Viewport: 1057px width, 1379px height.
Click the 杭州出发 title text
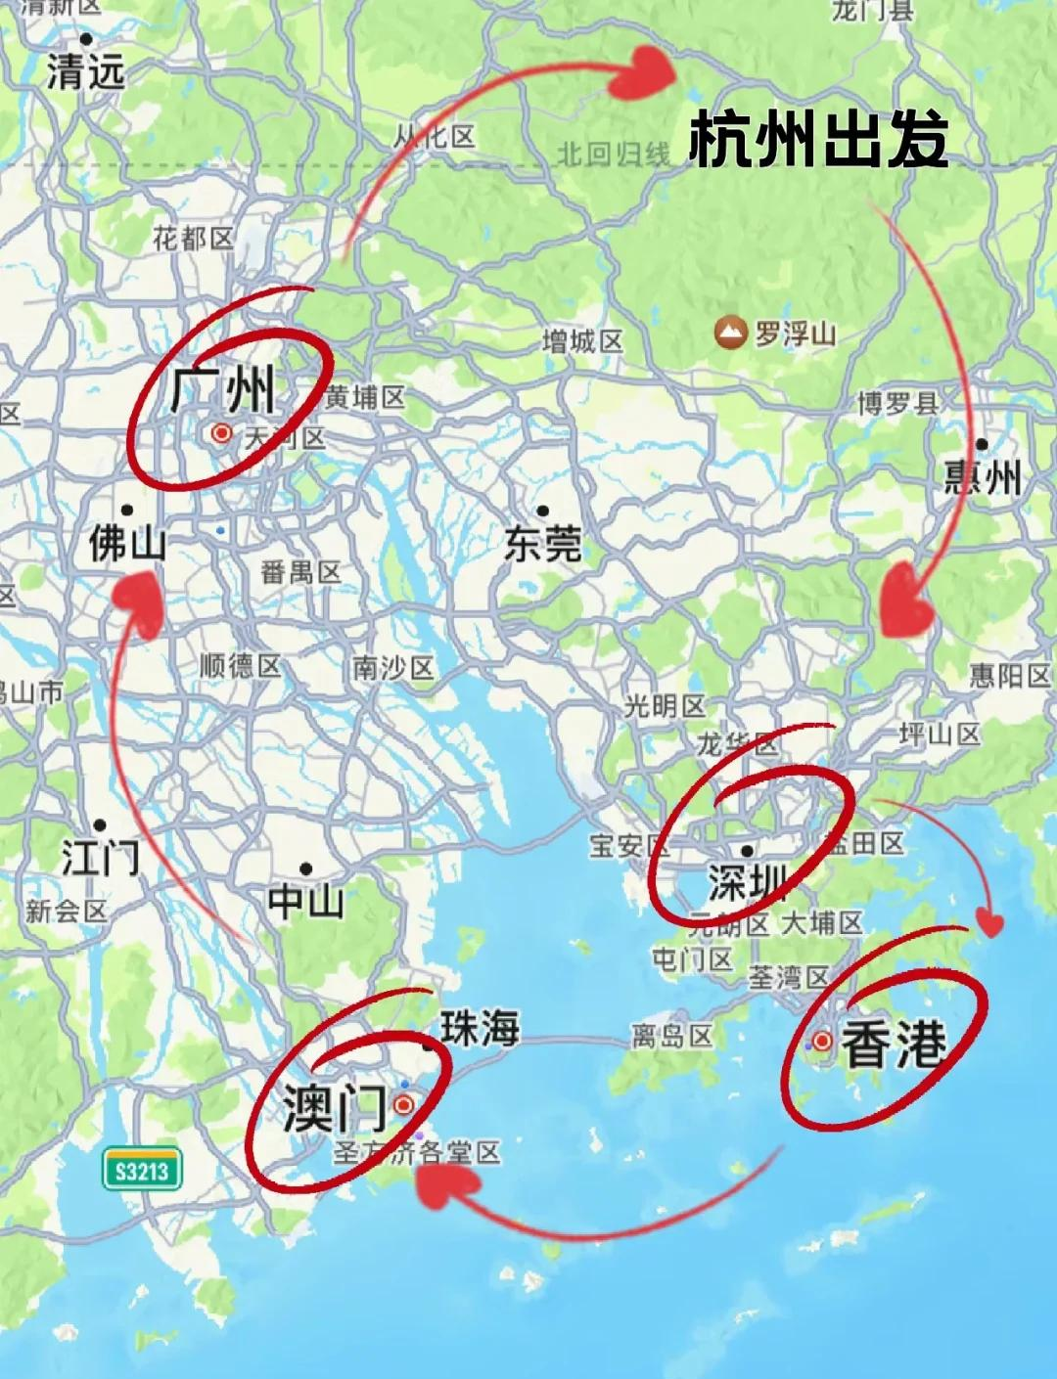tap(818, 141)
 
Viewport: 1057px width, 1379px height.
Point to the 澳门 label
tap(333, 1107)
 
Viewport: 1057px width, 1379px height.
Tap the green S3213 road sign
tap(143, 1170)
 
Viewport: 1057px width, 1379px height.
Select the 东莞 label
tap(543, 543)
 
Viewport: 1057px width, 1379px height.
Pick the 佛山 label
tap(126, 543)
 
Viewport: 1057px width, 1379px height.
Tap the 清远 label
tap(86, 71)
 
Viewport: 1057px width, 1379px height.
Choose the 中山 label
tap(306, 901)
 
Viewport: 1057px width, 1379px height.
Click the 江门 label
tap(101, 858)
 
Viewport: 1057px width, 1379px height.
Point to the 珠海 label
tap(480, 1028)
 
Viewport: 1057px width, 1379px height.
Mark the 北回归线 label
tap(614, 155)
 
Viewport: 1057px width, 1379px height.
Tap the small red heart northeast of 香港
tap(991, 923)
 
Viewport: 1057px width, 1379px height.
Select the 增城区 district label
tap(582, 341)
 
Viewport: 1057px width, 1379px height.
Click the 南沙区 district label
tap(392, 669)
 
